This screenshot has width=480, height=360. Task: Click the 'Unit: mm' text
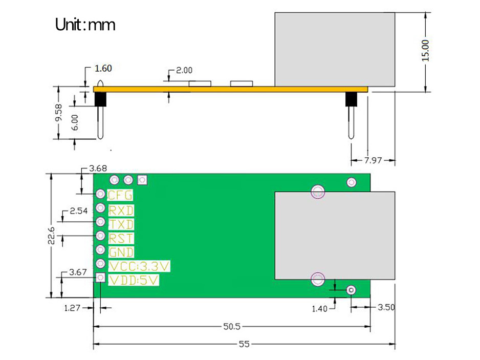tap(85, 24)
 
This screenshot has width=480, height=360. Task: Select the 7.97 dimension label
tap(374, 160)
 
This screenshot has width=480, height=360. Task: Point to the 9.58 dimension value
tap(58, 113)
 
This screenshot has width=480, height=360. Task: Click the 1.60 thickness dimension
tap(103, 68)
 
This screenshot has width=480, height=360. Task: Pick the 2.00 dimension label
tap(184, 71)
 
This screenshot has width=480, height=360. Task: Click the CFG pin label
tap(120, 195)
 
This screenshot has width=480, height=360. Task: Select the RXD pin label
tap(121, 210)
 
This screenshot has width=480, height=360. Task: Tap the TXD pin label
tap(121, 224)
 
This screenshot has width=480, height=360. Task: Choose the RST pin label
tap(121, 238)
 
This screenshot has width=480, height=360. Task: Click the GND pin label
tap(121, 252)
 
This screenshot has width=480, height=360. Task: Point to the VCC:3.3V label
tap(139, 266)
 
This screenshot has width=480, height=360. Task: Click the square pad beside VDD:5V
tap(101, 278)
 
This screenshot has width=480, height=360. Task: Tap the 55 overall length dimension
tap(244, 344)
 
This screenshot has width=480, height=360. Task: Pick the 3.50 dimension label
tap(386, 308)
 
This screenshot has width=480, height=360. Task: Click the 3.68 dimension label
tap(98, 168)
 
